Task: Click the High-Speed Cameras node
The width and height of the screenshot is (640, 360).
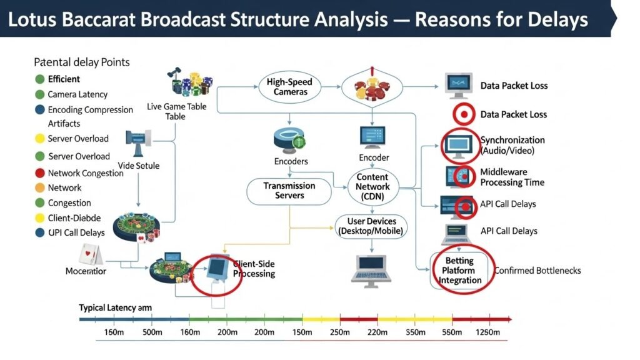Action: click(x=290, y=87)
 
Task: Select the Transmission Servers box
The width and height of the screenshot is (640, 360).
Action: click(x=289, y=191)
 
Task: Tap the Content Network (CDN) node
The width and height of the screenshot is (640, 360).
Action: click(x=372, y=186)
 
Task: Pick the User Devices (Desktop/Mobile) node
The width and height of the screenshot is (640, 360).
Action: click(x=371, y=226)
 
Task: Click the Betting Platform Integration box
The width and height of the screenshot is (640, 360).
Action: click(x=459, y=271)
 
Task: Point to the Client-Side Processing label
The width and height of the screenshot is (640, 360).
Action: click(x=254, y=269)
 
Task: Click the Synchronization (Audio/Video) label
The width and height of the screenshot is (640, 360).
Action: click(x=512, y=145)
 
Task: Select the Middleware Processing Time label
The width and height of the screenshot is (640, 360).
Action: click(x=512, y=177)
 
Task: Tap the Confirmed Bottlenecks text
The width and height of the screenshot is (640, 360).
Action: click(x=537, y=271)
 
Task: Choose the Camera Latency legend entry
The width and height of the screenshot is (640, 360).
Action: click(x=77, y=94)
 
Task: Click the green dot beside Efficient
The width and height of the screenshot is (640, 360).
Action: click(x=39, y=79)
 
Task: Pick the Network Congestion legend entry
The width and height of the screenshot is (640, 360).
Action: click(x=86, y=173)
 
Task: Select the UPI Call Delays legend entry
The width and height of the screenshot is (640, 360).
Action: click(x=76, y=232)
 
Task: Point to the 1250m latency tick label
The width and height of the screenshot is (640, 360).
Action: click(x=487, y=332)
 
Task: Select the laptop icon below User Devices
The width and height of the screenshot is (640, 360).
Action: click(x=371, y=267)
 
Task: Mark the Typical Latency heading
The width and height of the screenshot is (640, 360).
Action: click(x=115, y=307)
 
